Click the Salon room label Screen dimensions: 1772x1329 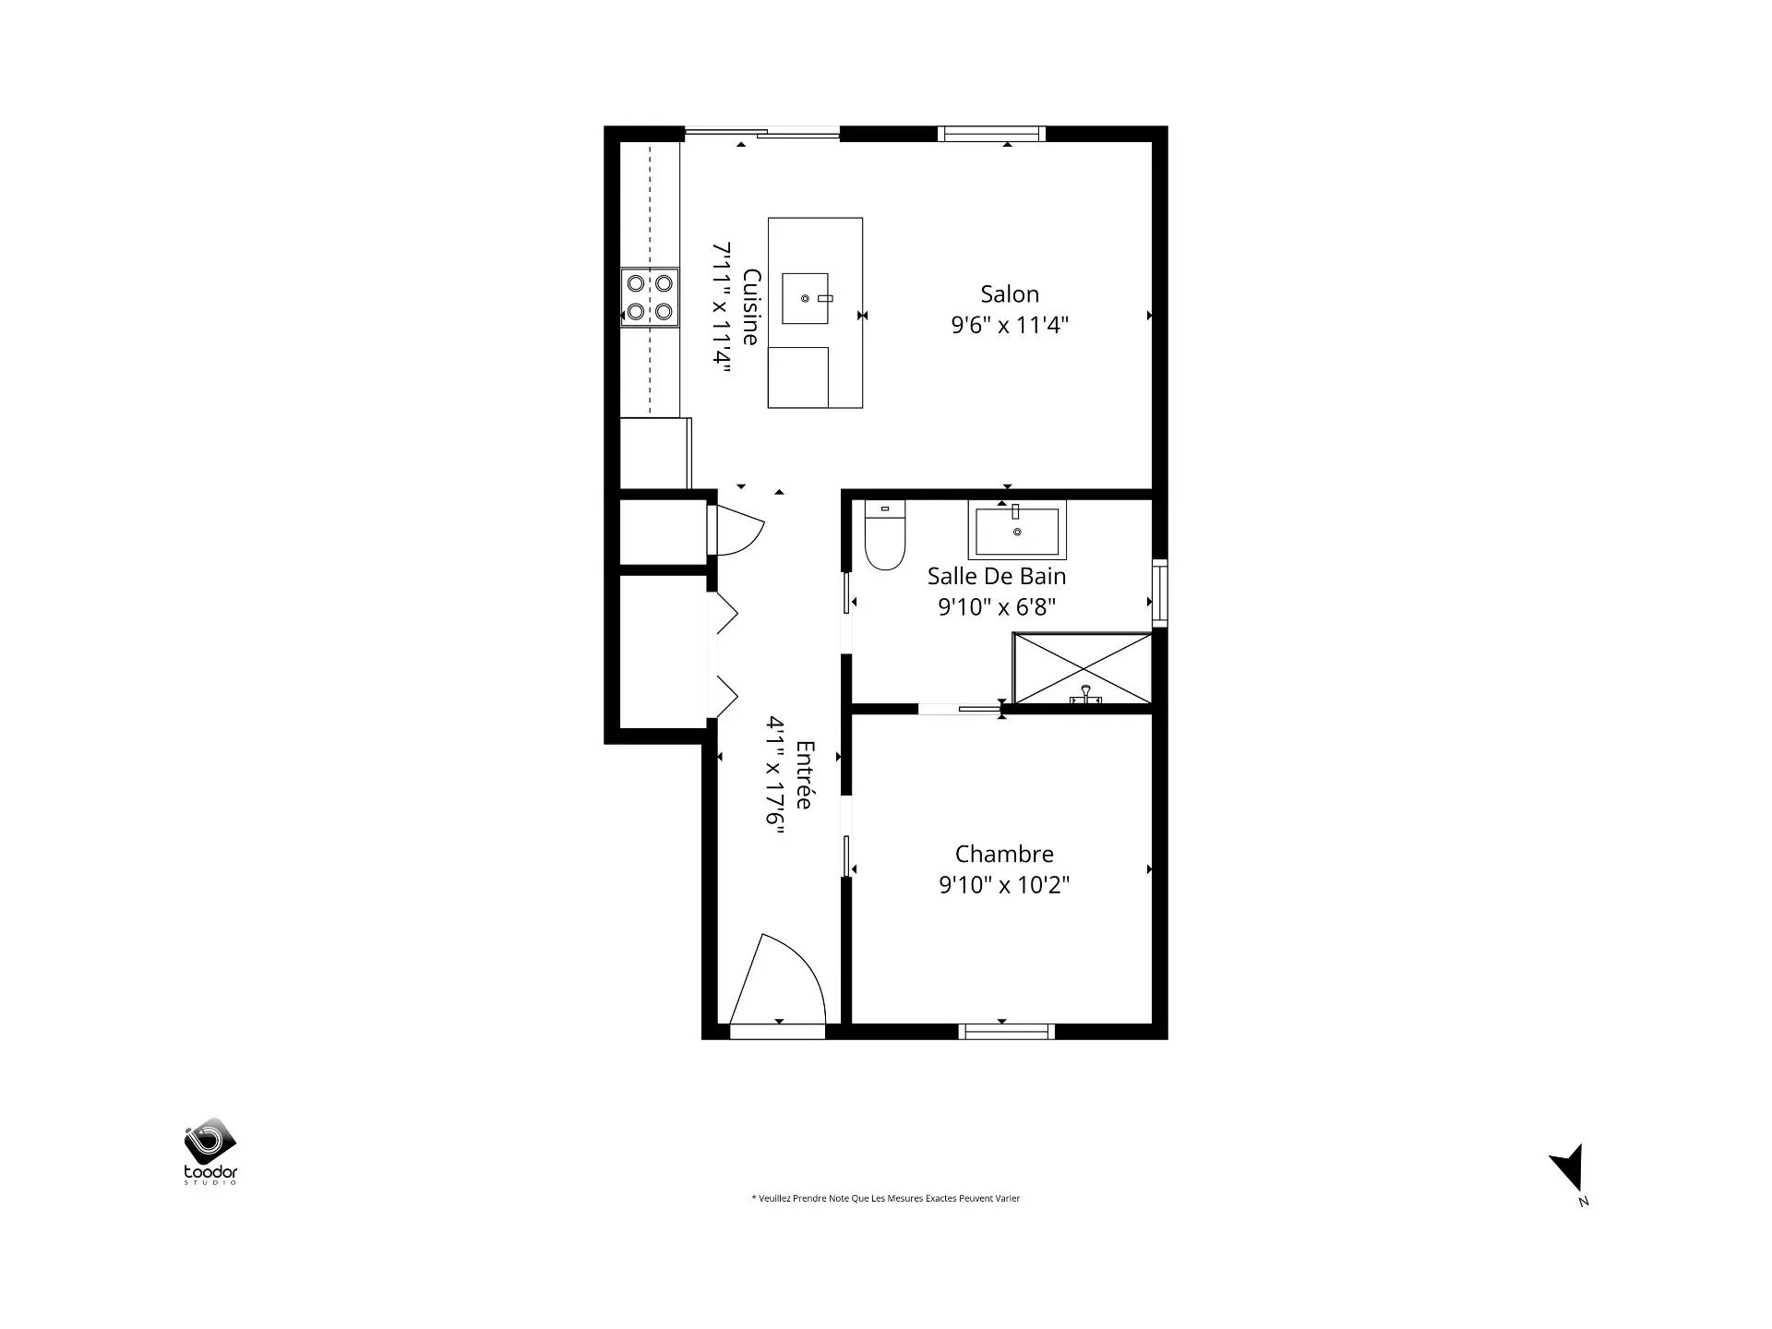(1010, 294)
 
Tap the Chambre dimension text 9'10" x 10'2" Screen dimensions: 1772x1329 (1004, 885)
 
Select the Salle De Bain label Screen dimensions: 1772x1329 (997, 576)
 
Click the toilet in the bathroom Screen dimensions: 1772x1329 (885, 534)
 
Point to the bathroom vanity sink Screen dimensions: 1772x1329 (1017, 530)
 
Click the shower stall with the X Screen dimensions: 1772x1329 (1083, 668)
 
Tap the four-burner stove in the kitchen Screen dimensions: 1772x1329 (650, 297)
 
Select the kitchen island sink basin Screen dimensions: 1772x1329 (806, 298)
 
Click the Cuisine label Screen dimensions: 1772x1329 (752, 307)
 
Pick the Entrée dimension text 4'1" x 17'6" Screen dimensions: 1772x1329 (775, 775)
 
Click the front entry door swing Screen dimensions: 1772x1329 (777, 979)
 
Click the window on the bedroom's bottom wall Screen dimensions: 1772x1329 (1007, 1032)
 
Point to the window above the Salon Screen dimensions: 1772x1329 (992, 134)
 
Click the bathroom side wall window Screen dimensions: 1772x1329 (1160, 593)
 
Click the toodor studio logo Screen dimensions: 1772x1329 (211, 1151)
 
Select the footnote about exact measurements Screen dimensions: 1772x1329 (886, 1199)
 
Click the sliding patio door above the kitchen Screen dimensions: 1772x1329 (762, 134)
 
